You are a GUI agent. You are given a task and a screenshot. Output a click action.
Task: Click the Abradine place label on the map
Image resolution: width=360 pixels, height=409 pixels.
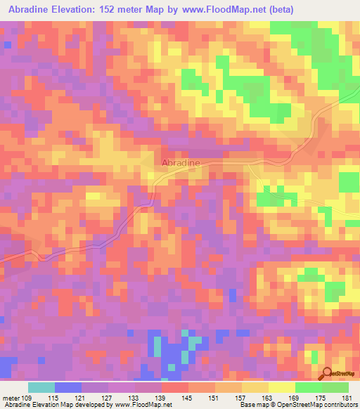181,163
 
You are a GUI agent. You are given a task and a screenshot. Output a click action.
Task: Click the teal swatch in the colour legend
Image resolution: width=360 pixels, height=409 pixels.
41,387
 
